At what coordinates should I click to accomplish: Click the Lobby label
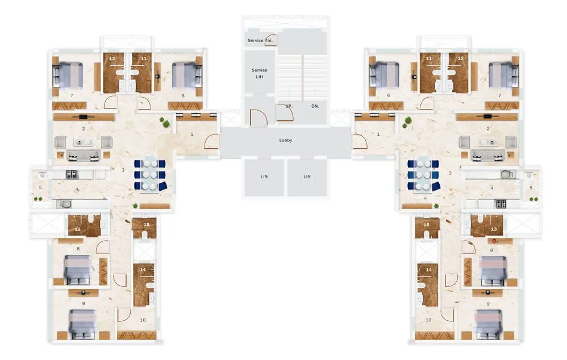[x=286, y=140]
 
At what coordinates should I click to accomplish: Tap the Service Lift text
[x=259, y=73]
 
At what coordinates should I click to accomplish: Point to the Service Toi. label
[x=260, y=40]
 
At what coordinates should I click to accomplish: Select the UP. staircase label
[x=288, y=106]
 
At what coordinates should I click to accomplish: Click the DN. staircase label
[x=315, y=106]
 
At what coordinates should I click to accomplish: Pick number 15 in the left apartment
[x=146, y=224]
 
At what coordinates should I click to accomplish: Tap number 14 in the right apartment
[x=429, y=270]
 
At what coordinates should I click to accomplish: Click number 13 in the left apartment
[x=77, y=229]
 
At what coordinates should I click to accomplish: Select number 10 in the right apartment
[x=428, y=320]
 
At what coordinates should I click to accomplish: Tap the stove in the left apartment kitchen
[x=72, y=174]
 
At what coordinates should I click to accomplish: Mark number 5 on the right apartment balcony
[x=531, y=187]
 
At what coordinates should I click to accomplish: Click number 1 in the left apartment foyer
[x=192, y=134]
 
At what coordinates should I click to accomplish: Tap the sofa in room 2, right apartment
[x=489, y=154]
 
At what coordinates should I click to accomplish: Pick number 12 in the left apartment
[x=112, y=58]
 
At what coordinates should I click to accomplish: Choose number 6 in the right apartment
[x=389, y=95]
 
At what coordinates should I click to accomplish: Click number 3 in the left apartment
[x=123, y=170]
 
